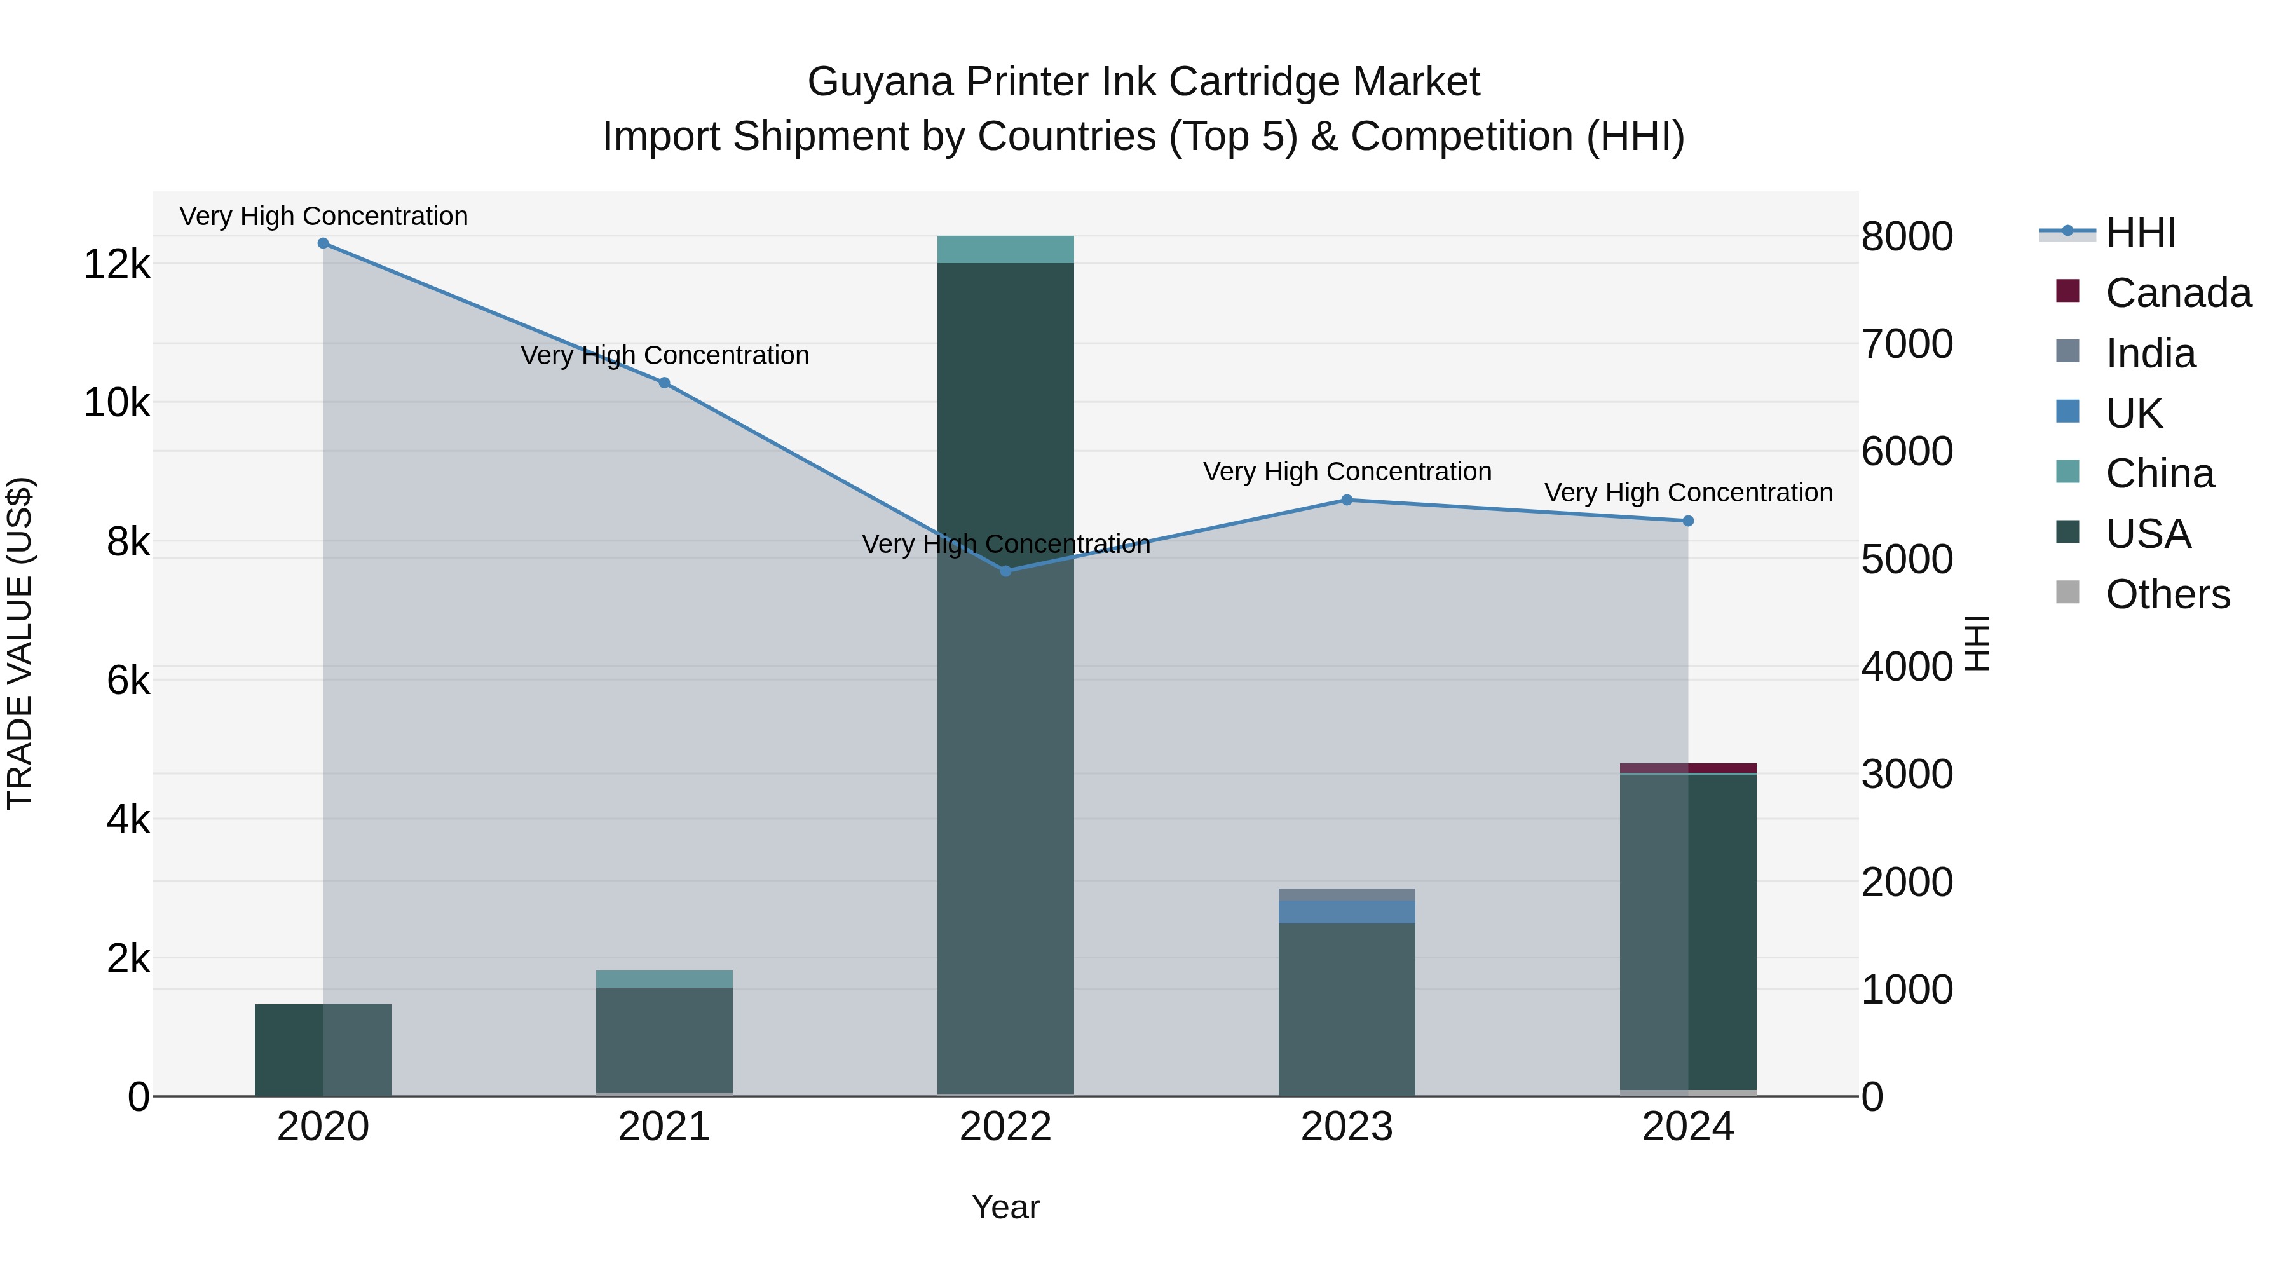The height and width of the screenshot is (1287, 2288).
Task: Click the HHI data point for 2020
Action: (x=323, y=243)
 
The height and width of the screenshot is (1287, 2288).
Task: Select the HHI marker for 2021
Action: (x=664, y=383)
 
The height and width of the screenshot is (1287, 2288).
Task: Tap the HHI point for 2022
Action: (x=1005, y=571)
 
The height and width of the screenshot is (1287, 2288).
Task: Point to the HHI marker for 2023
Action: (x=1347, y=500)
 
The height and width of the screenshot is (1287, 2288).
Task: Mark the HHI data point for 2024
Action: (x=1689, y=521)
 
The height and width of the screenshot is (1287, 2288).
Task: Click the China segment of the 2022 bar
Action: (x=1005, y=250)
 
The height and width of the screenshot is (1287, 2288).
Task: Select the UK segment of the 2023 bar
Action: (x=1347, y=912)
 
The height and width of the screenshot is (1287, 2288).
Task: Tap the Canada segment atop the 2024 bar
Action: (x=1689, y=768)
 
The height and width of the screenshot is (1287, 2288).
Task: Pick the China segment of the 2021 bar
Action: (x=664, y=979)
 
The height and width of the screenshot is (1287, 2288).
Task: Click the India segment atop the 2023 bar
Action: (x=1347, y=894)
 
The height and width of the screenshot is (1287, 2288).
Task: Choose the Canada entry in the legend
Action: (x=2178, y=293)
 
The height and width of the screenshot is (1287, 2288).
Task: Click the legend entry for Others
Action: (x=2167, y=594)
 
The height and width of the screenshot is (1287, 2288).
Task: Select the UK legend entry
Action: (x=2134, y=414)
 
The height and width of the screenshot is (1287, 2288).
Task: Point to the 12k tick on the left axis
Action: (x=116, y=264)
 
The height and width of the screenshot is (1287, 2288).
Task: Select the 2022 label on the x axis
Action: (x=1005, y=1127)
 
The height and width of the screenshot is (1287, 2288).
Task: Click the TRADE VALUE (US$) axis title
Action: (x=20, y=643)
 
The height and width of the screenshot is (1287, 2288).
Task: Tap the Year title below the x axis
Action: (x=1005, y=1207)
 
